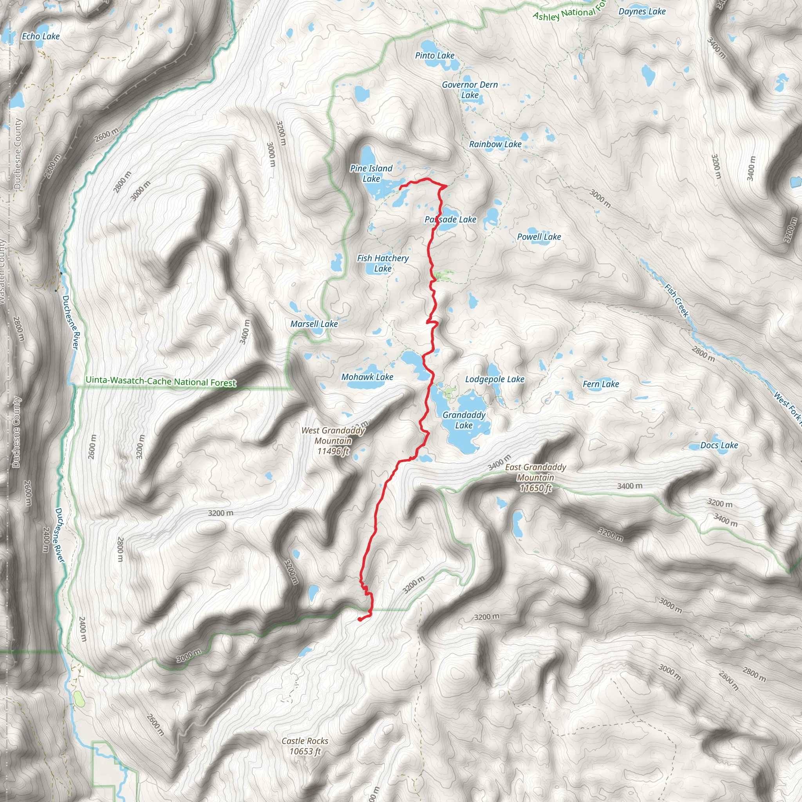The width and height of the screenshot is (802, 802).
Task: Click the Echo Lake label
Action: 41,36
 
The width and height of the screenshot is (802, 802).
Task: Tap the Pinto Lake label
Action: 435,56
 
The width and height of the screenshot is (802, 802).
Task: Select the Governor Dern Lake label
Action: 470,90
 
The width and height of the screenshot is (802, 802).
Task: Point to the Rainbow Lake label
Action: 495,144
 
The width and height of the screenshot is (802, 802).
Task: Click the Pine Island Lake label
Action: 371,173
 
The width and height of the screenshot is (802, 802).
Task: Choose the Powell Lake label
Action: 539,237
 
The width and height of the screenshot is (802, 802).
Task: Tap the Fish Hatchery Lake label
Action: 383,263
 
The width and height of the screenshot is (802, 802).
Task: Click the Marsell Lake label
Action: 314,324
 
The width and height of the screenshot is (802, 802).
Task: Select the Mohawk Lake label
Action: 367,377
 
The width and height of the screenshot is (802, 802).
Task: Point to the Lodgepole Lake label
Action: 495,379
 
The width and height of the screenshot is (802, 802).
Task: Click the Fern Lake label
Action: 601,384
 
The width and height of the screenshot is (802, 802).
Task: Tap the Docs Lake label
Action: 719,445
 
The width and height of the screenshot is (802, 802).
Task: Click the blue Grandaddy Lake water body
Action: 467,440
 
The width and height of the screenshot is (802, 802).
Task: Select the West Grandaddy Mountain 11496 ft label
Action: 333,441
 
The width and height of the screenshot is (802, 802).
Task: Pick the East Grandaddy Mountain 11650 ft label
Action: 535,477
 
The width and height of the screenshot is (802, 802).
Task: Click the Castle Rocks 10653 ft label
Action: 305,746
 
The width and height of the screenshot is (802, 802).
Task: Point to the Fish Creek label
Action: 677,300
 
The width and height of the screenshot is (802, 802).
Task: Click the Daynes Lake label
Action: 642,12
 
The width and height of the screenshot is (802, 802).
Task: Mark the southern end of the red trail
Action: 359,620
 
